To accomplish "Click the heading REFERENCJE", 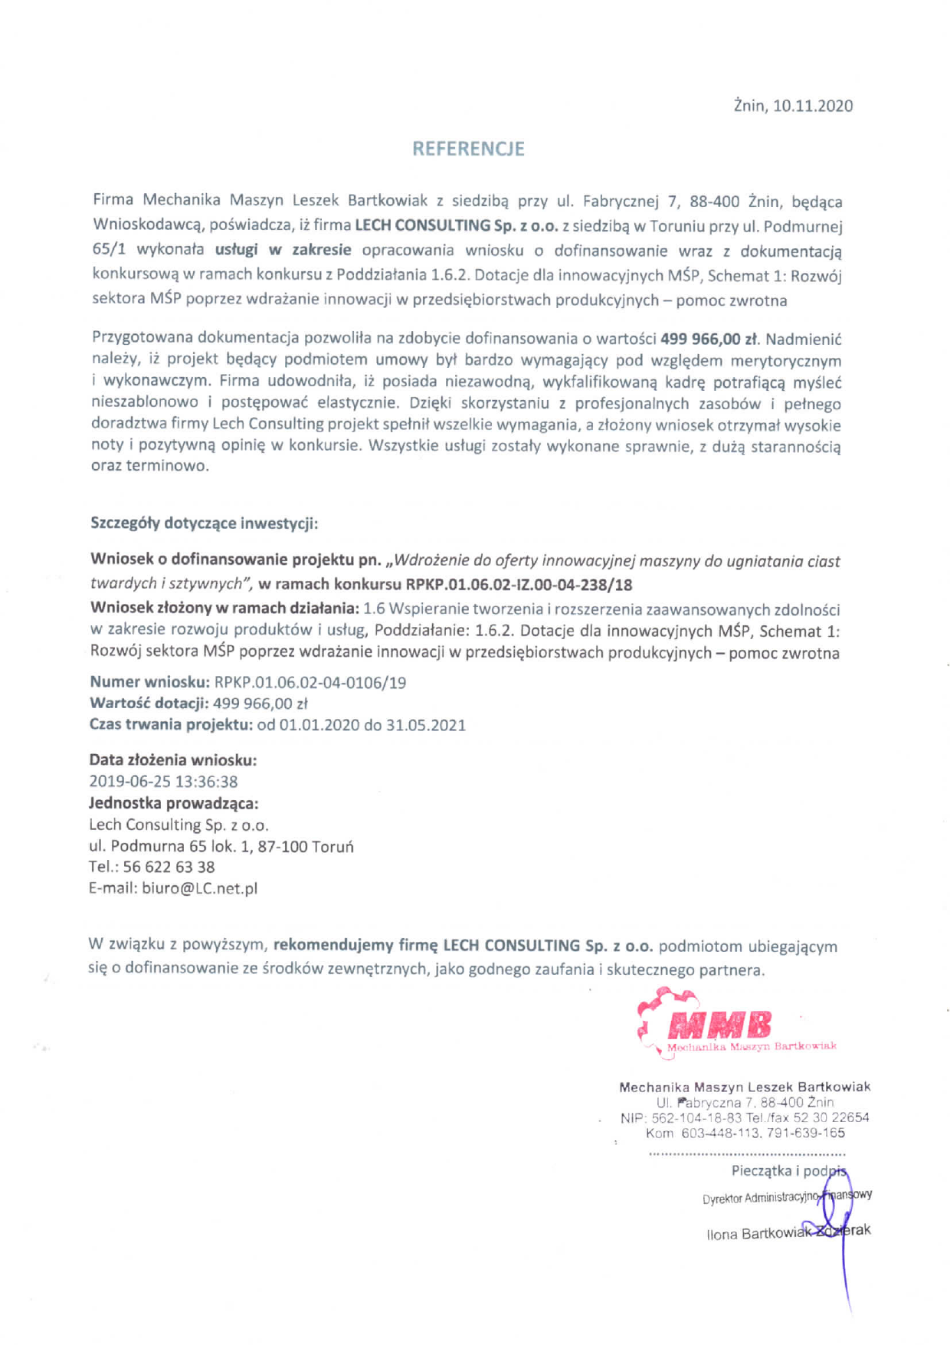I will tap(468, 149).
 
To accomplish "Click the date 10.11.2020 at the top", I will tap(812, 106).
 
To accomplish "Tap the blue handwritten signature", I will tap(838, 1226).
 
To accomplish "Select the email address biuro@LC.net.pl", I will tap(200, 888).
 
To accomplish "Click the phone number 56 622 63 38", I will tap(169, 867).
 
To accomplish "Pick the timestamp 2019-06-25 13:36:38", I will tap(163, 782).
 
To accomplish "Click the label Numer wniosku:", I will tap(149, 682).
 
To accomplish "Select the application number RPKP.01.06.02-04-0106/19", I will tap(310, 682).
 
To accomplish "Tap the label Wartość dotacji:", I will tap(149, 704).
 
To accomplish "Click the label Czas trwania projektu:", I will tap(171, 725).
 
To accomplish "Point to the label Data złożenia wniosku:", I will tap(172, 760).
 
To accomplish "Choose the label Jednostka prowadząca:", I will tap(173, 803).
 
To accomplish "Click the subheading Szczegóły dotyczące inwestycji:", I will tap(204, 523).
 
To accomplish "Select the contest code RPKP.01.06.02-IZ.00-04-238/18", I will tap(519, 585).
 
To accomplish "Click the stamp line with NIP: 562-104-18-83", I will tap(744, 1117).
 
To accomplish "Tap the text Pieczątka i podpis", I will tap(788, 1171).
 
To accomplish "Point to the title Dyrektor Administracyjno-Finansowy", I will tap(787, 1196).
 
